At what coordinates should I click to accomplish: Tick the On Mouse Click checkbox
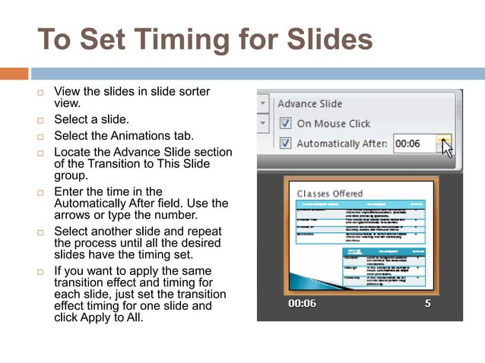(x=285, y=123)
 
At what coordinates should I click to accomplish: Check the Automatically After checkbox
(x=285, y=143)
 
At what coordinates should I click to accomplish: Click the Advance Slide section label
(x=309, y=103)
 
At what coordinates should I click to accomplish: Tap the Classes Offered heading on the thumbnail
(x=330, y=194)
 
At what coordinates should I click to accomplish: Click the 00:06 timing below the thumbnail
(x=302, y=303)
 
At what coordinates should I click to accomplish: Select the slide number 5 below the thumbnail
(x=428, y=303)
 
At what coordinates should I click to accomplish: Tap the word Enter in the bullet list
(x=69, y=191)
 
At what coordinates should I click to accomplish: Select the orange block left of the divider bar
(x=14, y=74)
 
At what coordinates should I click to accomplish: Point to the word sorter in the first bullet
(x=193, y=92)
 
